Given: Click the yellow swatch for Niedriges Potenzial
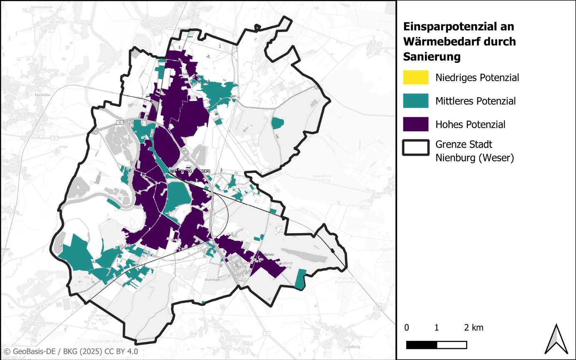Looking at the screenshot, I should click(415, 77).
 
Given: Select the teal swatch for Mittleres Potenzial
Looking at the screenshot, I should click(415, 101).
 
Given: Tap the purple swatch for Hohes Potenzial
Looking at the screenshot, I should click(415, 124).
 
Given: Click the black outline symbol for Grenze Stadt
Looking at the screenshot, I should click(415, 148).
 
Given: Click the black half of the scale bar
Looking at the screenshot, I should click(421, 345).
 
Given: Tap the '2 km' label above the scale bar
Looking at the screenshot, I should click(474, 328).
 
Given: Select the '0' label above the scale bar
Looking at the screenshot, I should click(406, 328).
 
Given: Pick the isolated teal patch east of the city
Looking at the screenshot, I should click(277, 123).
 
